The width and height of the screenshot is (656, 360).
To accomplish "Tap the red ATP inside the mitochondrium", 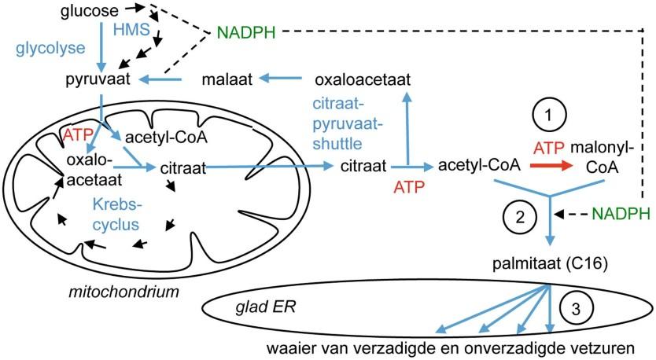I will pos(77,136).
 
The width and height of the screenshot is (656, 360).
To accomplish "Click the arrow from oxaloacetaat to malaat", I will pos(285,79).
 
